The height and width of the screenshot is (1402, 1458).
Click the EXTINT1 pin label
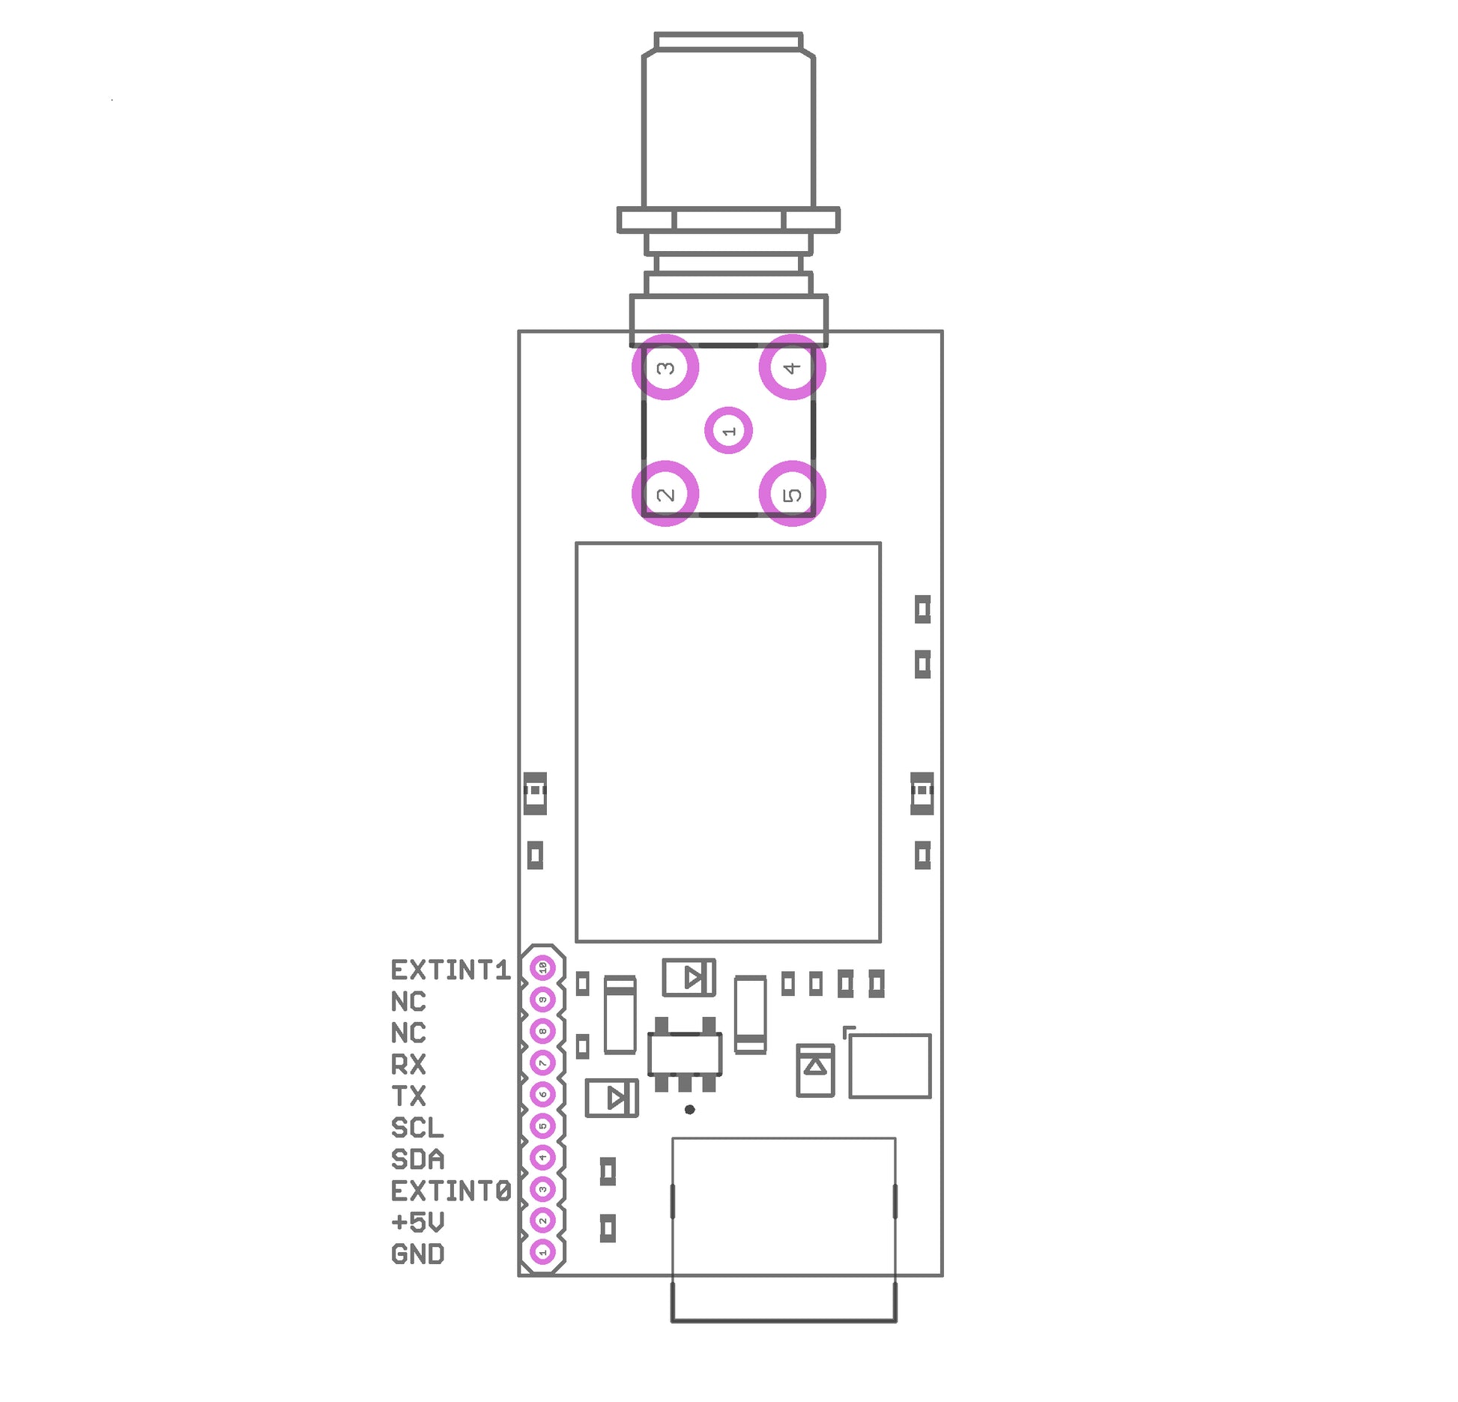click(450, 970)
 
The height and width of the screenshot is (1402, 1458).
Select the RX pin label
click(408, 1064)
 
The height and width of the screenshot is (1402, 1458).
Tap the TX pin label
click(408, 1096)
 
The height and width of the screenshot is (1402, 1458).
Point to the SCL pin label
click(417, 1128)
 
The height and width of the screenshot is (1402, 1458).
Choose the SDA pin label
click(417, 1159)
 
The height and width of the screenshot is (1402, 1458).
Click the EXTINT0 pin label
click(450, 1191)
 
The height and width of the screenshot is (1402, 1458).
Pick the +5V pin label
click(417, 1222)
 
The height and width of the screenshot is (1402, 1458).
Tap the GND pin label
click(417, 1254)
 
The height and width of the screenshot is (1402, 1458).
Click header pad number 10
click(543, 968)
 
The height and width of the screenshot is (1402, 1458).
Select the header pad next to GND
click(543, 1251)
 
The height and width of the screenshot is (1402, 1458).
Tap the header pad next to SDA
click(543, 1158)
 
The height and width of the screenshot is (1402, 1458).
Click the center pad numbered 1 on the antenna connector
click(728, 431)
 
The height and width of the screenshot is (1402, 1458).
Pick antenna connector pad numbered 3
click(665, 368)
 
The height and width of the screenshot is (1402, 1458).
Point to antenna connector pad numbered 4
click(792, 368)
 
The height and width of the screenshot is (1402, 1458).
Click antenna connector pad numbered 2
click(665, 495)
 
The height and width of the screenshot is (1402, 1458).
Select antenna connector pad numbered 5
click(792, 495)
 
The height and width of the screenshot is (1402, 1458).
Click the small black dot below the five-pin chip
click(689, 1110)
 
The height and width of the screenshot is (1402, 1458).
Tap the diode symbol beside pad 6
click(612, 1099)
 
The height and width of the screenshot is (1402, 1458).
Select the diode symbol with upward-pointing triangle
click(815, 1070)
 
